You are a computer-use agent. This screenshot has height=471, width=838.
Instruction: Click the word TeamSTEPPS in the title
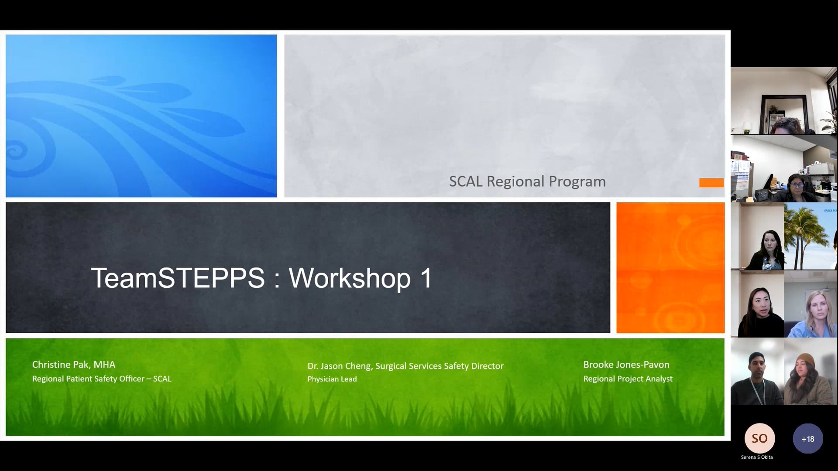click(178, 278)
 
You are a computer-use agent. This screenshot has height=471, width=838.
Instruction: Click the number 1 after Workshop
click(426, 278)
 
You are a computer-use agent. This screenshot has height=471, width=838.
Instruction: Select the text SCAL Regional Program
click(527, 181)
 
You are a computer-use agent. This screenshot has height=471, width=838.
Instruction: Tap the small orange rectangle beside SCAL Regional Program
click(711, 183)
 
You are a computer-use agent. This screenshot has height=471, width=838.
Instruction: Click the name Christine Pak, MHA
click(74, 365)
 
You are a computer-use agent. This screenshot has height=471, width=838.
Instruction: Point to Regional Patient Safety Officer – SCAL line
click(102, 379)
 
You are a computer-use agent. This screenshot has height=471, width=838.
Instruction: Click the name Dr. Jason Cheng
click(339, 366)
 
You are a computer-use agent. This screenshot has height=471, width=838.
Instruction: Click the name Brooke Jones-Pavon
click(626, 365)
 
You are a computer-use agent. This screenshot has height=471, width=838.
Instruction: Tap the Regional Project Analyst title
click(628, 379)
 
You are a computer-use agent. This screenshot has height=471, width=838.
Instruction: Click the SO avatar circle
click(759, 438)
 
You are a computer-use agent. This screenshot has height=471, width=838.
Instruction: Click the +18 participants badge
click(807, 439)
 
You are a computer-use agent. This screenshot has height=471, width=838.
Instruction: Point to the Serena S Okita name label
click(757, 457)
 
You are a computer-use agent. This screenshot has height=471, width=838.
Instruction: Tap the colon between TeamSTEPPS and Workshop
click(277, 279)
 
